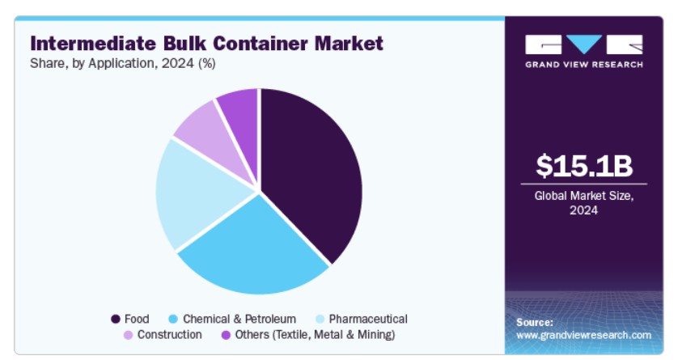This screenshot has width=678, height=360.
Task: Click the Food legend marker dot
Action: pyautogui.click(x=116, y=320)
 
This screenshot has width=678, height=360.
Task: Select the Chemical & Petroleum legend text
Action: pyautogui.click(x=239, y=319)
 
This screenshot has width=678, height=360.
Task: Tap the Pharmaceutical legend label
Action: pyautogui.click(x=368, y=319)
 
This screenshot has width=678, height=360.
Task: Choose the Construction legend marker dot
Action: pyautogui.click(x=128, y=335)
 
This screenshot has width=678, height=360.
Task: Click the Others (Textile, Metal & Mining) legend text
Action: pyautogui.click(x=315, y=334)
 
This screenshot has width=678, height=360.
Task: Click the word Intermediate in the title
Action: pyautogui.click(x=93, y=44)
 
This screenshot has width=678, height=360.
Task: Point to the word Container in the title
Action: pyautogui.click(x=261, y=44)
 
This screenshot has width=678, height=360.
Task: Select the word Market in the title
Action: pyautogui.click(x=349, y=44)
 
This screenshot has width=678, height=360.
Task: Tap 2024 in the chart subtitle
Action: pyautogui.click(x=177, y=64)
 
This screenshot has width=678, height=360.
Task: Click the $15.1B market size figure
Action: pyautogui.click(x=584, y=166)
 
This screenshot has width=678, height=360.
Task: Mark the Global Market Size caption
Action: pyautogui.click(x=583, y=203)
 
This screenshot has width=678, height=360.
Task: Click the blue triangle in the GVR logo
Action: pyautogui.click(x=584, y=44)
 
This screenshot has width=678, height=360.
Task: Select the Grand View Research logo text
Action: pyautogui.click(x=584, y=65)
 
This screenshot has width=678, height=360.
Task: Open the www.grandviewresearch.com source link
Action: pyautogui.click(x=583, y=336)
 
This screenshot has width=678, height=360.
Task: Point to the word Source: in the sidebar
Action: pyautogui.click(x=535, y=323)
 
